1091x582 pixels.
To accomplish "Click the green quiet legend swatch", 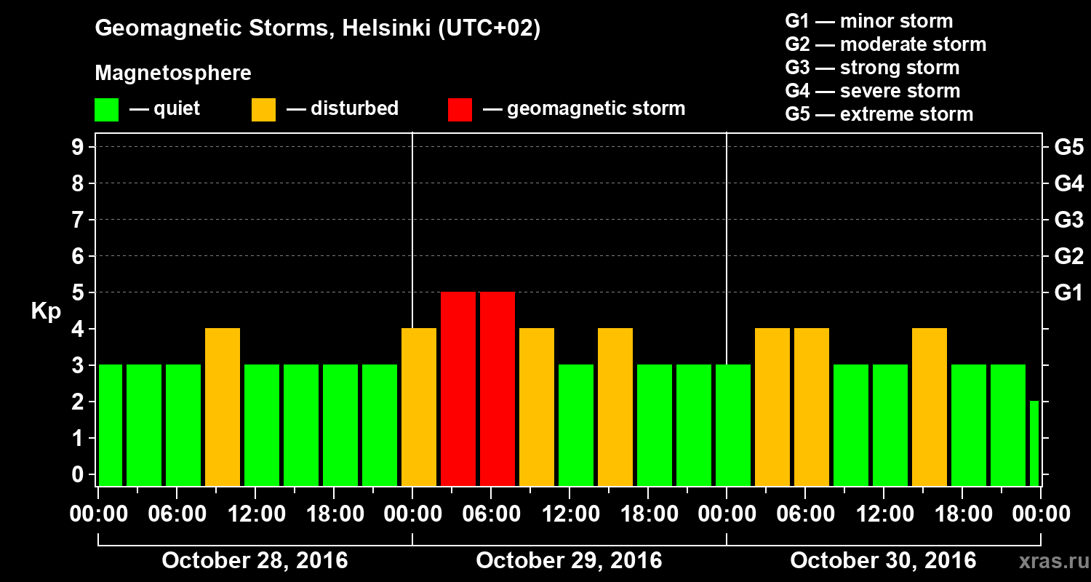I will [x=106, y=110].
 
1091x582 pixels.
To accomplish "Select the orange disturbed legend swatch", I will [x=263, y=110].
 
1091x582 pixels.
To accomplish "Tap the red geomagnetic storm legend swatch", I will [x=460, y=110].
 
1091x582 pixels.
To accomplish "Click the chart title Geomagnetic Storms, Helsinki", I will [x=318, y=28].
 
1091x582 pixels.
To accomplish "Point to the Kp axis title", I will [x=45, y=311].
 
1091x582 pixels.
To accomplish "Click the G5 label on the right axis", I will [x=1068, y=148].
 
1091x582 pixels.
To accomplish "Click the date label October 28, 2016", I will [x=255, y=561].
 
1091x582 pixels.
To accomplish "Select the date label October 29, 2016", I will [x=569, y=561].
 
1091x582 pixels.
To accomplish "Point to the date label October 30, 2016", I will [x=883, y=561].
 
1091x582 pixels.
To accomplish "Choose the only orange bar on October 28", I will [x=223, y=407].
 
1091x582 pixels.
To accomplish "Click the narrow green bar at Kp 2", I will [x=1034, y=443].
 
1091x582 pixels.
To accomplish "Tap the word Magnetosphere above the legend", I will [x=173, y=73].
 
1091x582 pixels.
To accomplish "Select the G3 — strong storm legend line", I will [x=872, y=68].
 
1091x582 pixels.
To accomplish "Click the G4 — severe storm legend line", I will [x=873, y=91].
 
